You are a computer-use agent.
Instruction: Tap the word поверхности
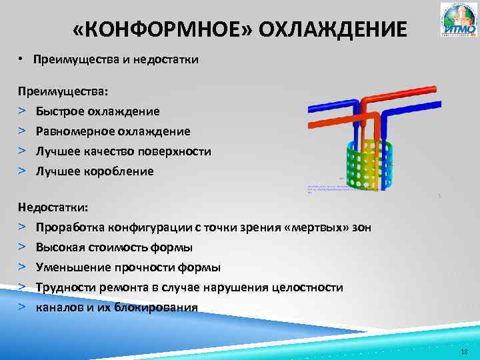(176, 151)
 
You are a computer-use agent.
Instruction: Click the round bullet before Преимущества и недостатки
(22, 60)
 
